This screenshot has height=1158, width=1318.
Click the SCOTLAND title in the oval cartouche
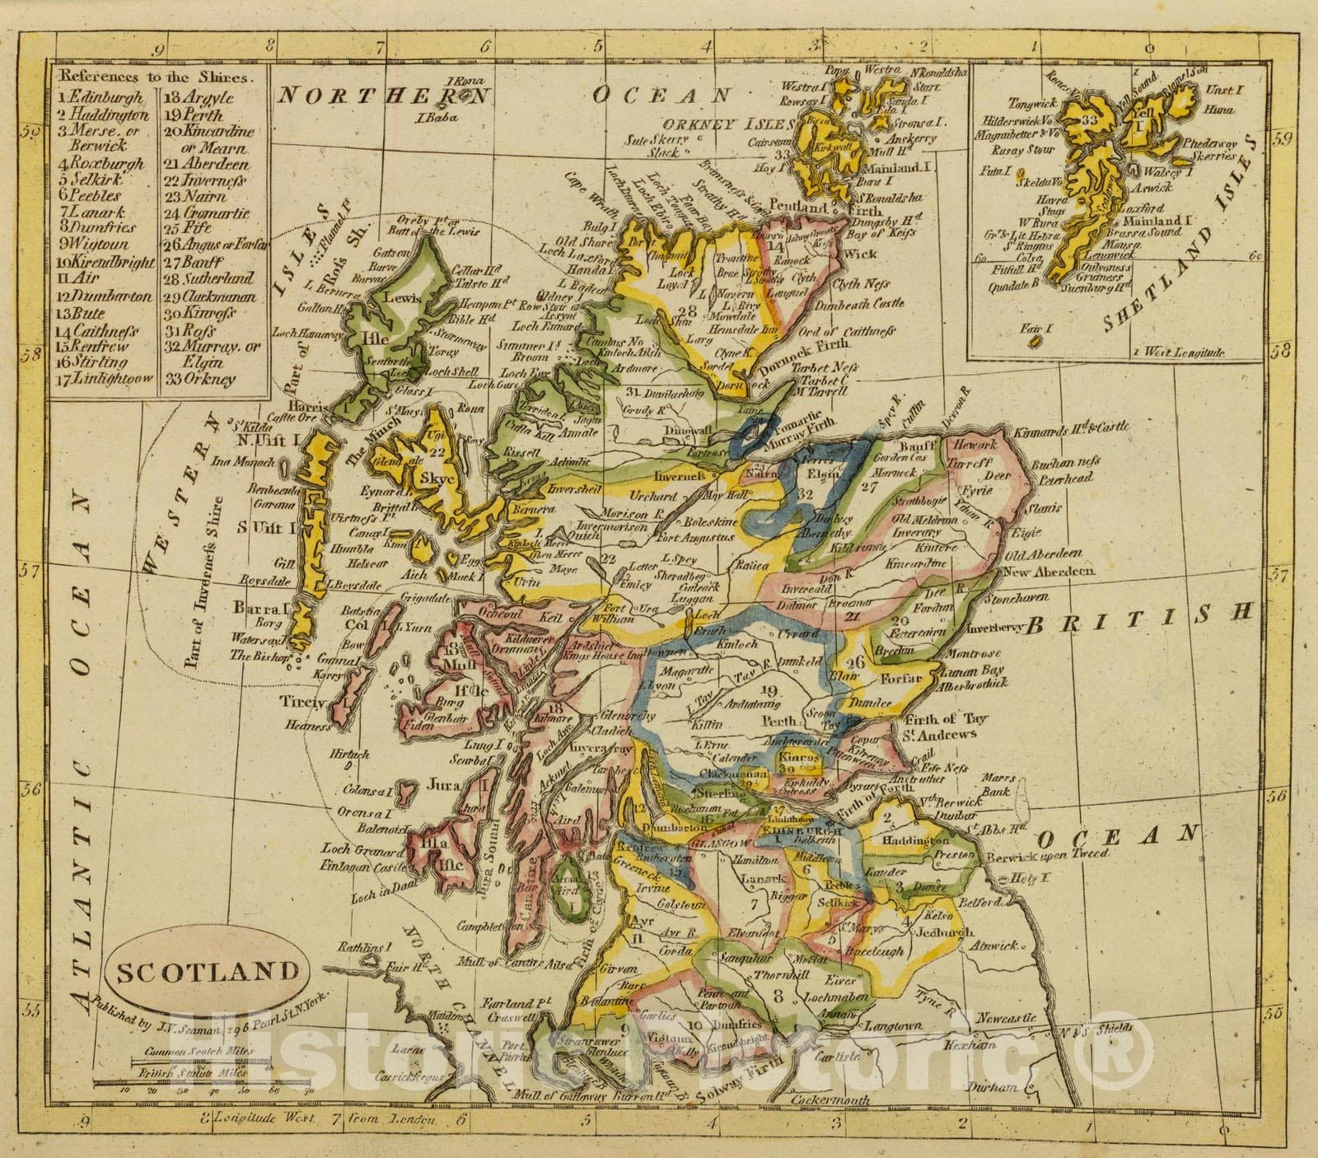(207, 972)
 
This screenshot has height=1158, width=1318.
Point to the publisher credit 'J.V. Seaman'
(213, 1021)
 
